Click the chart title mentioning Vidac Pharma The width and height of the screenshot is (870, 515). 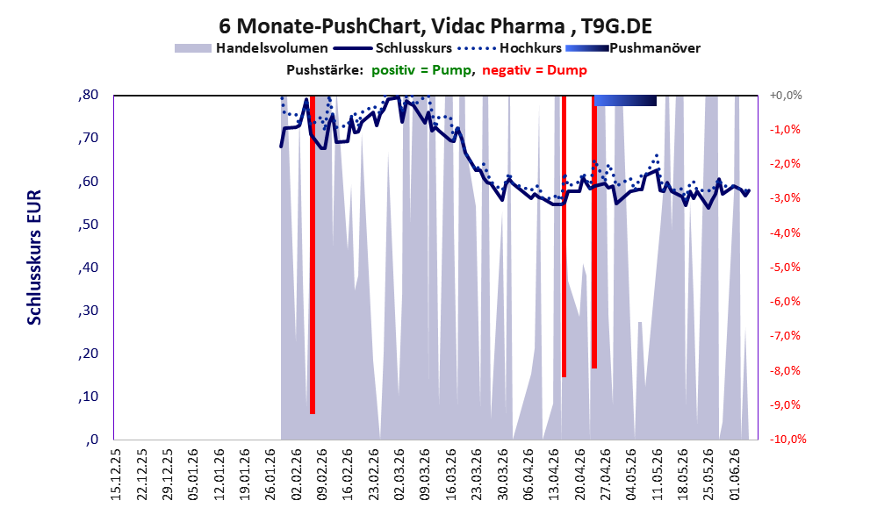pyautogui.click(x=435, y=25)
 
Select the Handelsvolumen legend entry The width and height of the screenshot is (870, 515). pyautogui.click(x=251, y=48)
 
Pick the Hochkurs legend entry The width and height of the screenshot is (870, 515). pyautogui.click(x=510, y=48)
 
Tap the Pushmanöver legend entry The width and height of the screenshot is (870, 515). pyautogui.click(x=633, y=48)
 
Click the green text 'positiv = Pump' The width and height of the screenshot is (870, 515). pyautogui.click(x=421, y=70)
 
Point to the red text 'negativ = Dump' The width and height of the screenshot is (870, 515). pyautogui.click(x=535, y=70)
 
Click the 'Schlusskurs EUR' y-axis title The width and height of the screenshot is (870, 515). pyautogui.click(x=34, y=257)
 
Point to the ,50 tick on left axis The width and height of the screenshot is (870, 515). pyautogui.click(x=88, y=224)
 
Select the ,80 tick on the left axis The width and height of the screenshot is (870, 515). pyautogui.click(x=88, y=95)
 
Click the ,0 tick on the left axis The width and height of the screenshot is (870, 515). pyautogui.click(x=92, y=440)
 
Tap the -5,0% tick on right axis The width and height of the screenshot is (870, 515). pyautogui.click(x=785, y=268)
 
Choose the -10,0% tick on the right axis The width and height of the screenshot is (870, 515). pyautogui.click(x=787, y=439)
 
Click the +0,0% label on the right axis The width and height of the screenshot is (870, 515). pyautogui.click(x=786, y=96)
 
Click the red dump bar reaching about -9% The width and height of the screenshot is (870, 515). pyautogui.click(x=313, y=254)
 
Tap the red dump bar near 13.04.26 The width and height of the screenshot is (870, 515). pyautogui.click(x=564, y=236)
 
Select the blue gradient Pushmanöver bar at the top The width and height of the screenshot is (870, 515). pyautogui.click(x=625, y=100)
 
